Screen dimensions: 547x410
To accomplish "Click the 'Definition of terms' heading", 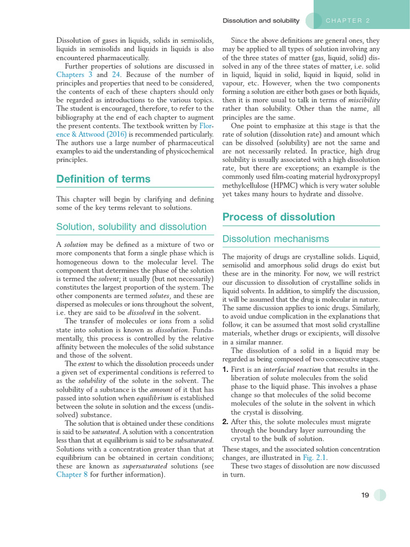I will (x=103, y=179).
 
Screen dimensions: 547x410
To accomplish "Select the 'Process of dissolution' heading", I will (x=278, y=217).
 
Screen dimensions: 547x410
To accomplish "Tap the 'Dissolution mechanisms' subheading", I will (x=275, y=239).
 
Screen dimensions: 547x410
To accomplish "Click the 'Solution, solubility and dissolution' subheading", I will (x=131, y=226).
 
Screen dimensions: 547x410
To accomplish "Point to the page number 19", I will (x=365, y=495).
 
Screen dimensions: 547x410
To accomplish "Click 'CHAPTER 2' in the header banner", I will (x=348, y=21).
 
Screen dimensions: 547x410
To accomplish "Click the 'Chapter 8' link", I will (x=72, y=474).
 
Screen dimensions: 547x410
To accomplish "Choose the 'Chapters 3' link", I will (x=74, y=75).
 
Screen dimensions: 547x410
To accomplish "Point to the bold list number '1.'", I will (x=225, y=370).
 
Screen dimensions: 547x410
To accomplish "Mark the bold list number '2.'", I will (x=225, y=421).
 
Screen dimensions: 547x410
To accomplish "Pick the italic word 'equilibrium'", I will (x=154, y=397).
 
